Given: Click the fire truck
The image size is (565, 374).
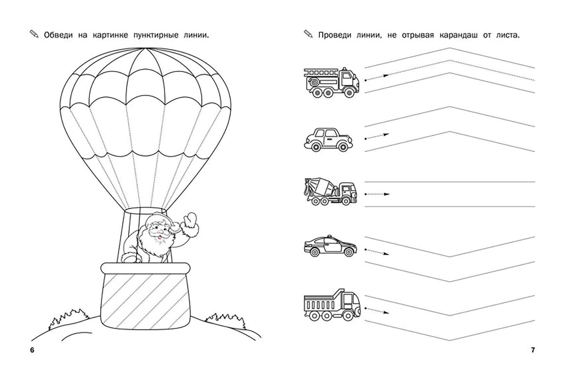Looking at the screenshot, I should (331, 82).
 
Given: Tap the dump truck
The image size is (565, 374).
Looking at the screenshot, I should (331, 305).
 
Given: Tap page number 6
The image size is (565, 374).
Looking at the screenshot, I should (32, 350).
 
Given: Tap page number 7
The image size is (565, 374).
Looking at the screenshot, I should (533, 350).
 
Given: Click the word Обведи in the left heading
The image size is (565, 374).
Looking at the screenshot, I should (57, 35).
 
